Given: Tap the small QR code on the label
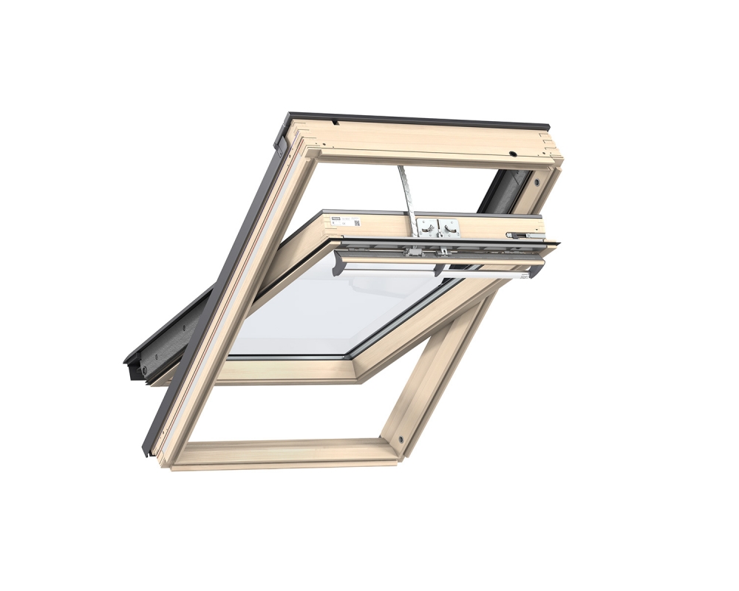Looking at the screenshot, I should pyautogui.click(x=355, y=222).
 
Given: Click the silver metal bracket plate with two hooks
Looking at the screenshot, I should pyautogui.click(x=437, y=228).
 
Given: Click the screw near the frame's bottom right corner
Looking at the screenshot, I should pyautogui.click(x=401, y=438).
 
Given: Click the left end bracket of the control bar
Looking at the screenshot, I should pyautogui.click(x=341, y=262).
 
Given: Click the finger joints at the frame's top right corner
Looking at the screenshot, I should pyautogui.click(x=554, y=154).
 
